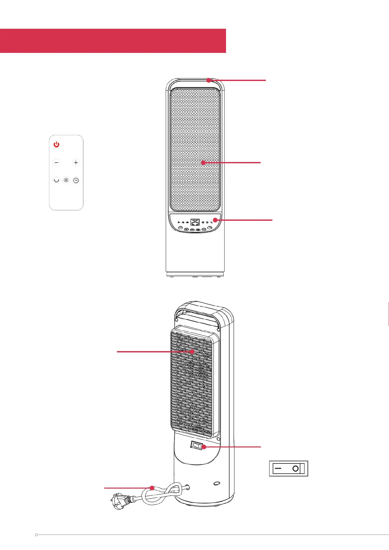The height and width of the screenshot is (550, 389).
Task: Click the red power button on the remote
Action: pyautogui.click(x=57, y=144)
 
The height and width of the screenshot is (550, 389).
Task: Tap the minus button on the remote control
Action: pyautogui.click(x=57, y=162)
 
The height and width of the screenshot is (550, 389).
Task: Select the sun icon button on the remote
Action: pyautogui.click(x=66, y=180)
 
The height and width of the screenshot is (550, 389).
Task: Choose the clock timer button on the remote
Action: pyautogui.click(x=76, y=180)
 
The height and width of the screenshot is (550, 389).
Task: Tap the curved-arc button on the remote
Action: pyautogui.click(x=57, y=180)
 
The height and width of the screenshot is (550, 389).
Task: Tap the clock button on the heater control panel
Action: pyautogui.click(x=210, y=230)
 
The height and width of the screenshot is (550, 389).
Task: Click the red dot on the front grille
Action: pyautogui.click(x=203, y=162)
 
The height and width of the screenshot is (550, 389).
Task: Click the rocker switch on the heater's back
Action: pyautogui.click(x=197, y=445)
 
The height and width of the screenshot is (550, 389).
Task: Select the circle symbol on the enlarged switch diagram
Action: pyautogui.click(x=296, y=469)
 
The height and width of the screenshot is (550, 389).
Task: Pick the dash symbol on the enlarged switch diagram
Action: pyautogui.click(x=278, y=468)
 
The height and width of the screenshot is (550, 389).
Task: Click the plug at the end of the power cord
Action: pyautogui.click(x=118, y=500)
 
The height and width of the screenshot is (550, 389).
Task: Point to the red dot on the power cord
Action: pyautogui.click(x=152, y=488)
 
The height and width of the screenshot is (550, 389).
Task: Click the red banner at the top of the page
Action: pyautogui.click(x=113, y=41)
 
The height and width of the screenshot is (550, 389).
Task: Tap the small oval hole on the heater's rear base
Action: pyautogui.click(x=216, y=483)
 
